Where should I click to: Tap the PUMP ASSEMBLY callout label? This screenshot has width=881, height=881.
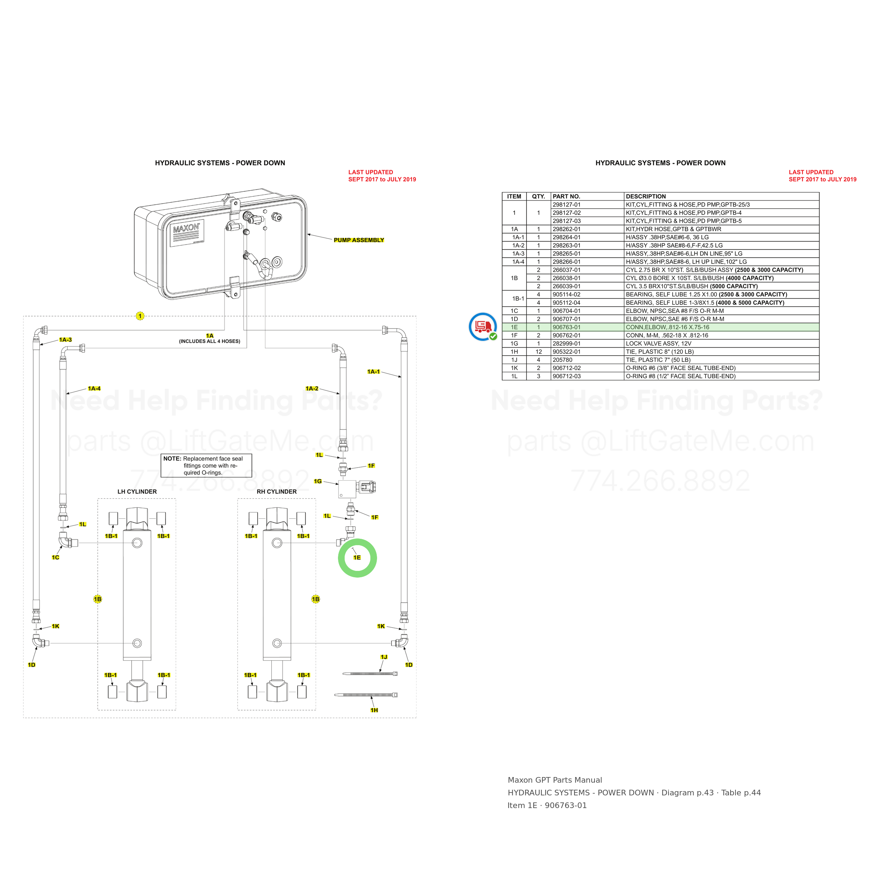coord(359,240)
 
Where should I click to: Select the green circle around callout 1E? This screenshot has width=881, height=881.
coord(357,558)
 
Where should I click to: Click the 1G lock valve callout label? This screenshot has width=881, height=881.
coord(318,481)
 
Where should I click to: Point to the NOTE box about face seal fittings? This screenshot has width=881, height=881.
coord(207,466)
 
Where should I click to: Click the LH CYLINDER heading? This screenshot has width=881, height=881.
coord(137,492)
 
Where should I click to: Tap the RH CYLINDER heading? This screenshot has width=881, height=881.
coord(277,492)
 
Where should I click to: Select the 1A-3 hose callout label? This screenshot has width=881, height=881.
coord(66,340)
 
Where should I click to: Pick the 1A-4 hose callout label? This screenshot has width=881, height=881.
coord(94,388)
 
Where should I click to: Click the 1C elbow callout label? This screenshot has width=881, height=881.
coord(56,557)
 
